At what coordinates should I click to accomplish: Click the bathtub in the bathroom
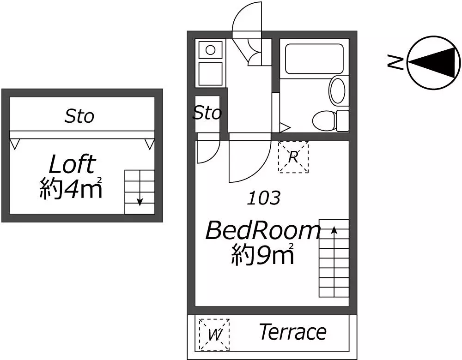[x=314, y=59]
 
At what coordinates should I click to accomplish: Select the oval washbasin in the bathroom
[x=337, y=90]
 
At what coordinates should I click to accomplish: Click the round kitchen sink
[x=210, y=50]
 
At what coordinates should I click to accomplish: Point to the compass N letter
[x=395, y=62]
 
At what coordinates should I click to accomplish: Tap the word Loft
[x=72, y=164]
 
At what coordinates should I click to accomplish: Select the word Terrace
[x=293, y=332]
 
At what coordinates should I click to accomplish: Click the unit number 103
[x=263, y=198]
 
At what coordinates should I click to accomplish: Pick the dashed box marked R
[x=293, y=157]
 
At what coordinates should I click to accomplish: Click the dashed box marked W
[x=214, y=335]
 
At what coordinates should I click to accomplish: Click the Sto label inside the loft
[x=79, y=116]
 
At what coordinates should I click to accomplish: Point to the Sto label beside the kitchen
[x=207, y=113]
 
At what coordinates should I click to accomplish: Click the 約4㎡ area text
[x=71, y=188]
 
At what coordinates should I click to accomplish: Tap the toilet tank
[x=343, y=120]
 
